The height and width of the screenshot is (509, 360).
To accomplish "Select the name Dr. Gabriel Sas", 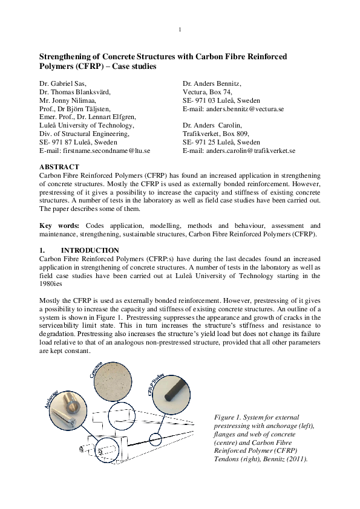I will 63,83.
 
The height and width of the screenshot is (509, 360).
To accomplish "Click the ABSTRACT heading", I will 59,166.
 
